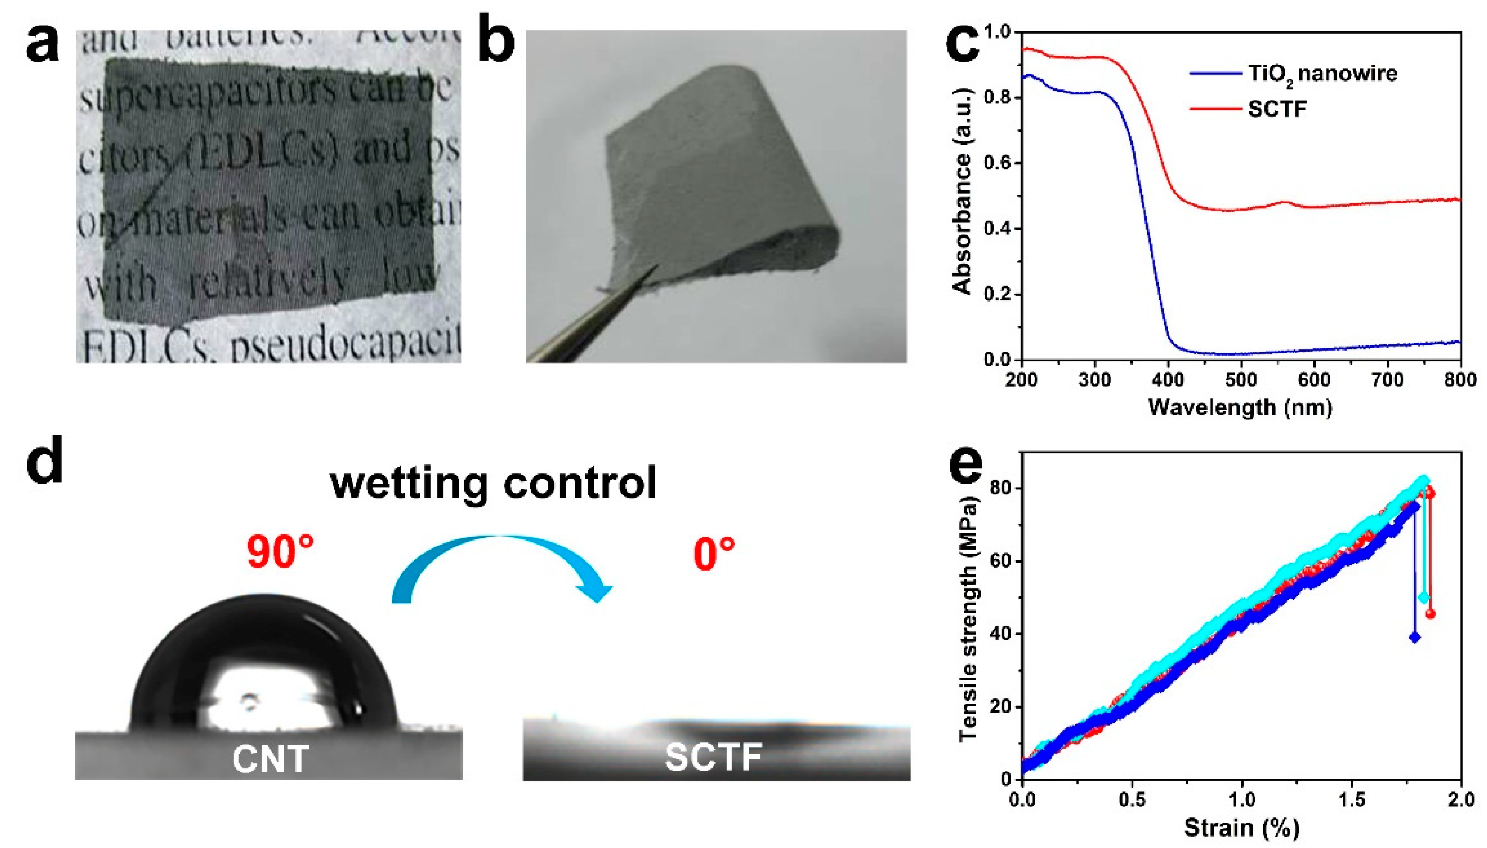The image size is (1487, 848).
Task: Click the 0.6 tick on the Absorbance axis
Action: (997, 163)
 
